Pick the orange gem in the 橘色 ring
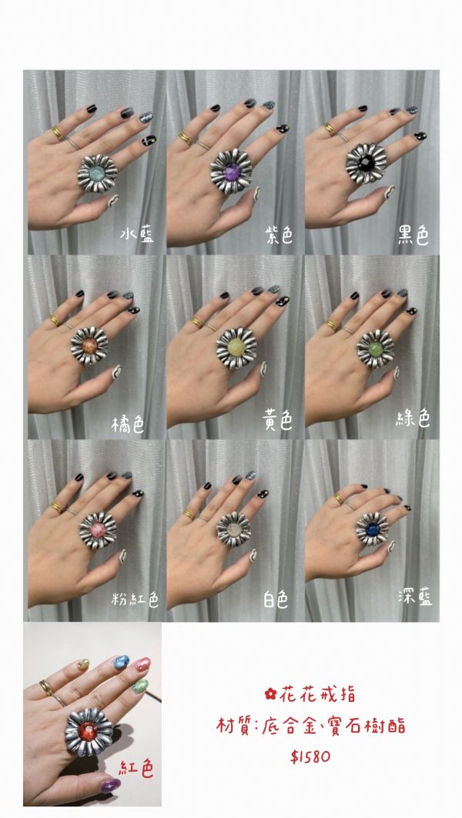click(x=89, y=344)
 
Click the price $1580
click(x=312, y=756)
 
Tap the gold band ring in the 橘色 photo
click(x=56, y=318)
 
